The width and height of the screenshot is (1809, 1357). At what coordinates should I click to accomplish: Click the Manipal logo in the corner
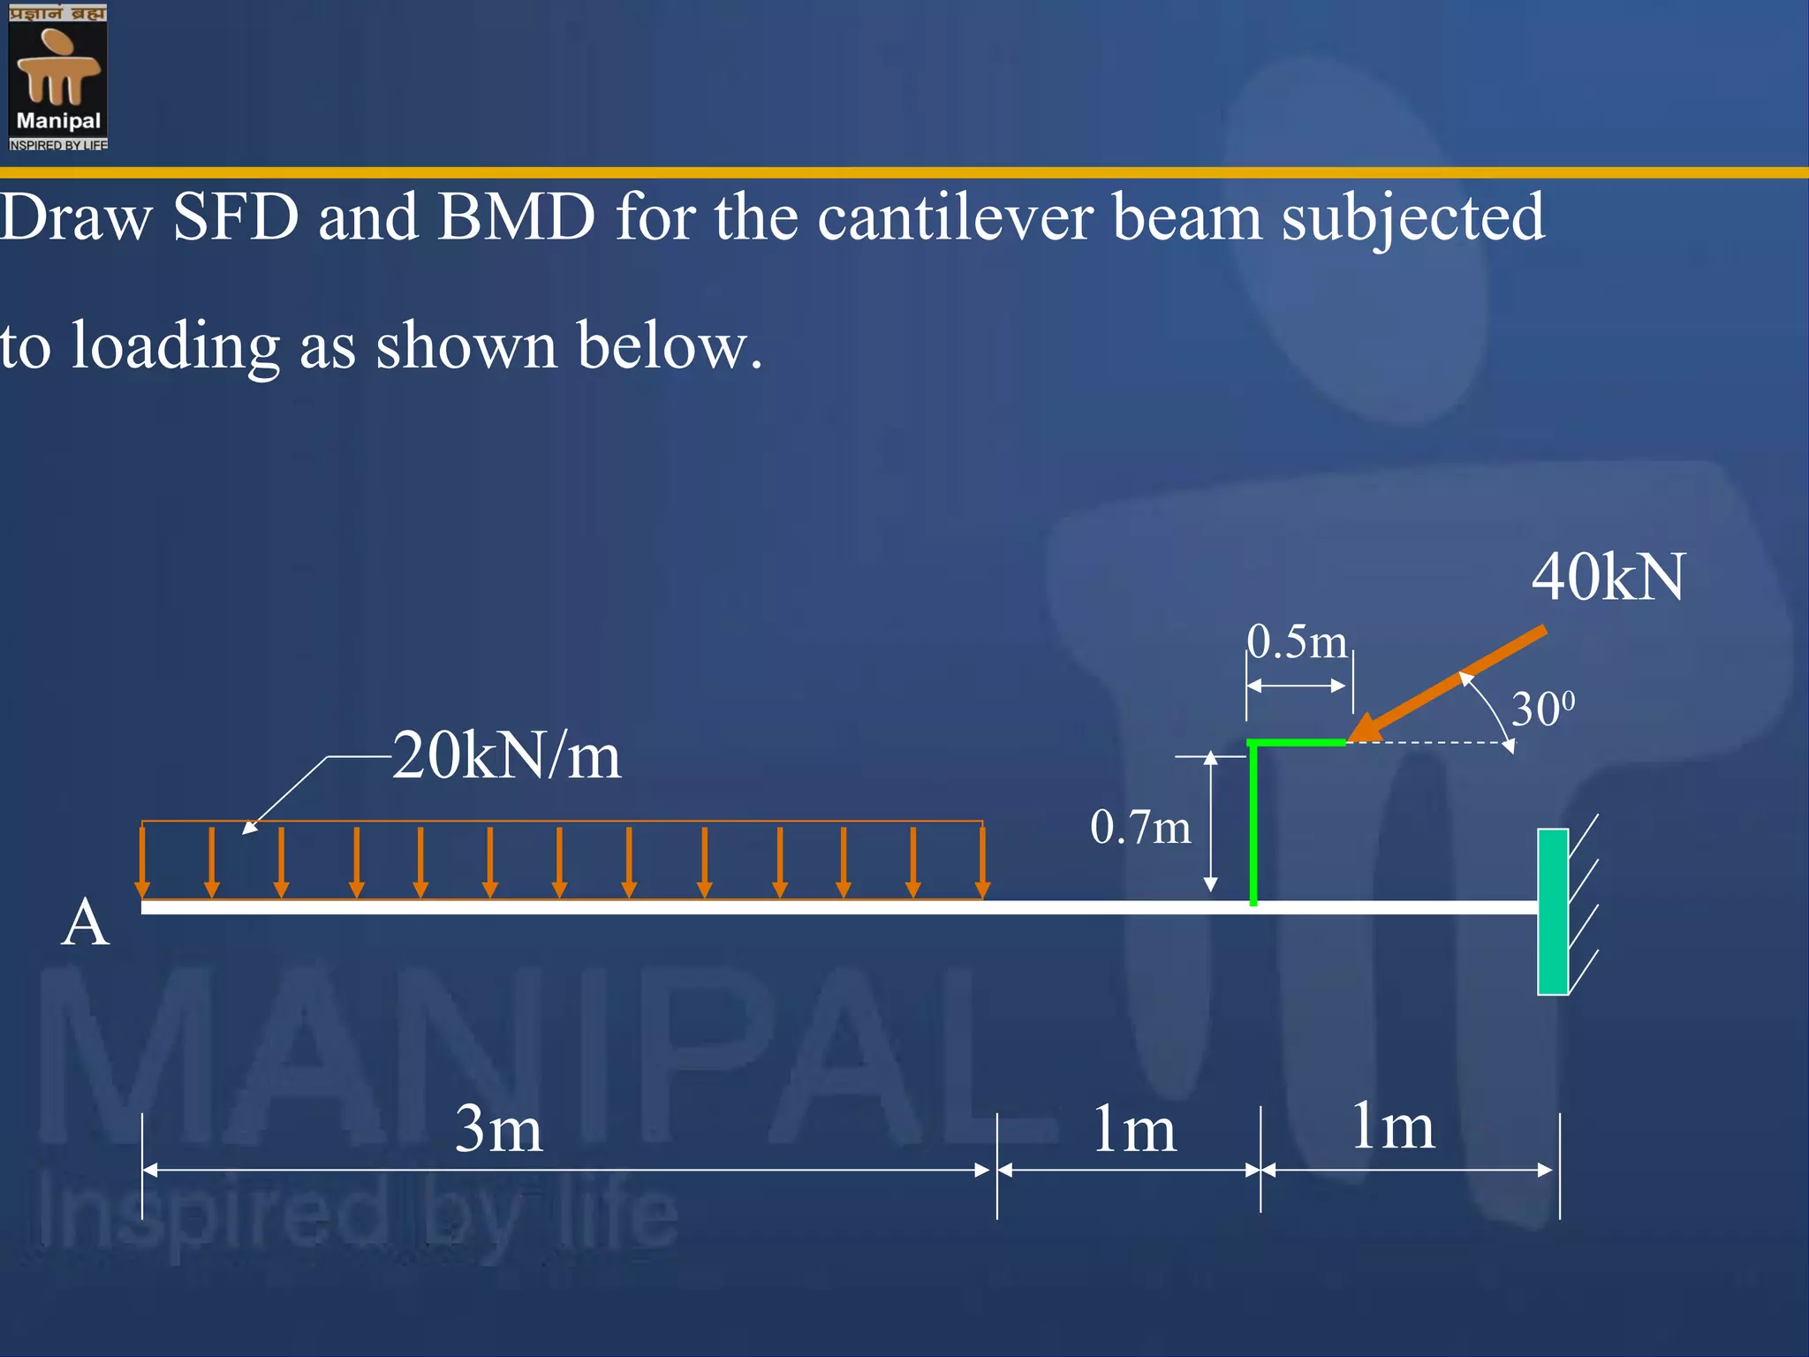58,77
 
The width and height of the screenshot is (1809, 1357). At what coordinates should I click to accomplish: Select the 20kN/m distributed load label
506,756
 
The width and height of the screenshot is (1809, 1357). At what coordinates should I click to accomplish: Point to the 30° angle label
1542,709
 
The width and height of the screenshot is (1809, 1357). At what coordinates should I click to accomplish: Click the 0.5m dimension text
1297,642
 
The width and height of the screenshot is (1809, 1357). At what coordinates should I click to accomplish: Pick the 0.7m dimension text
1139,828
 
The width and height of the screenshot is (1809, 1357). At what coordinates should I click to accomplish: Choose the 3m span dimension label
498,1129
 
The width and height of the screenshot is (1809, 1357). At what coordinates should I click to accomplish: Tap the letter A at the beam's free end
85,922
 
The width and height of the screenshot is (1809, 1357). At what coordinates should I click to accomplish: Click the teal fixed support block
1552,911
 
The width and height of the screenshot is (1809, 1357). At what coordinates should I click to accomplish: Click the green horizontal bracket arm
1297,743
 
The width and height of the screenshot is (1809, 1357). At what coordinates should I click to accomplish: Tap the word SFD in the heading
236,217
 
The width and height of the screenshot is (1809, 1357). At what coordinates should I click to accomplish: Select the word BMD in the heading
516,217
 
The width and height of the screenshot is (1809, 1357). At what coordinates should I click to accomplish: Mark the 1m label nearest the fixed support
1392,1127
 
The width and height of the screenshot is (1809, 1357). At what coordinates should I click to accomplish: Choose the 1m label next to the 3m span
1134,1130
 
